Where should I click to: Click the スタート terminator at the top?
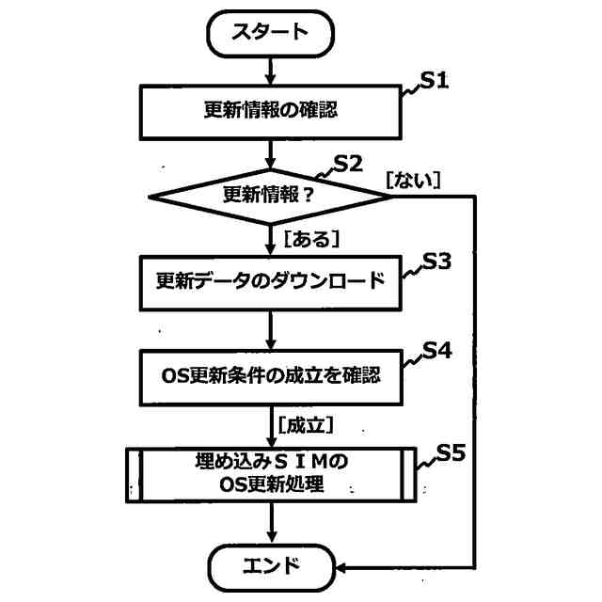tap(270, 32)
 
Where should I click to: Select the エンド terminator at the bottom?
tap(271, 566)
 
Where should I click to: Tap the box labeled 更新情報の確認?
tap(271, 111)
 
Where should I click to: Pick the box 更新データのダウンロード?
tap(271, 281)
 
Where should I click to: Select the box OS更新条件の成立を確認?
tap(271, 374)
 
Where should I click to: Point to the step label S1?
tap(436, 81)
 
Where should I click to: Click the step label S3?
tap(436, 262)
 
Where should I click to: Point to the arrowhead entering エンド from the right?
tap(343, 567)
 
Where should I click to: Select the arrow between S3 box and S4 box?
tap(271, 329)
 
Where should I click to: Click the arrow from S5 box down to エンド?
tap(271, 523)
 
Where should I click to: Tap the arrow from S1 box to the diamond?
tap(271, 152)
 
